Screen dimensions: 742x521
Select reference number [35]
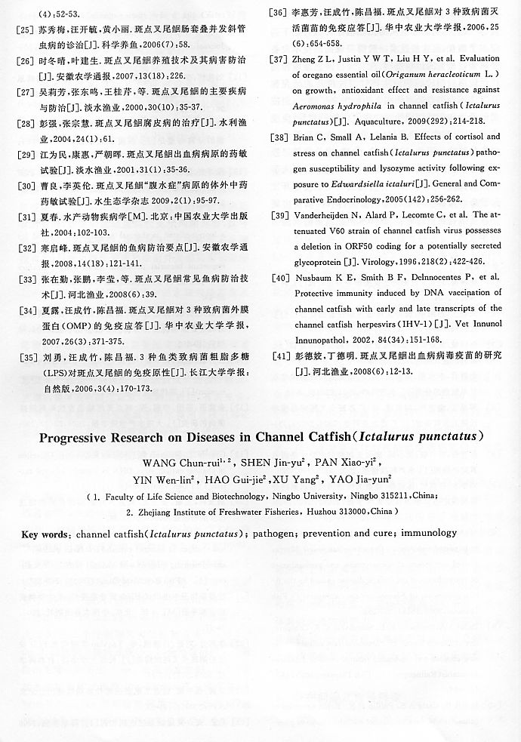[x=24, y=357]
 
